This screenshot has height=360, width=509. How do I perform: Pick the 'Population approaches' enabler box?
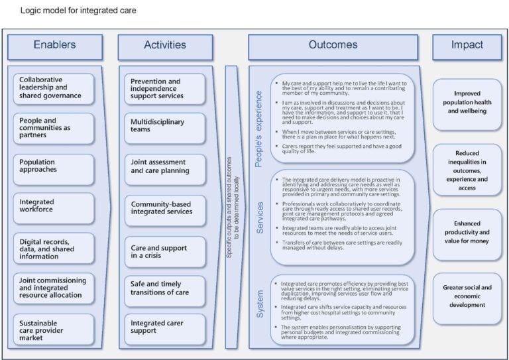pos(54,169)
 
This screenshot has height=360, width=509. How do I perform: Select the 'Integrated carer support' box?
pos(165,329)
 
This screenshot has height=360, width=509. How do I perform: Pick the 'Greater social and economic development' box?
pos(467,297)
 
